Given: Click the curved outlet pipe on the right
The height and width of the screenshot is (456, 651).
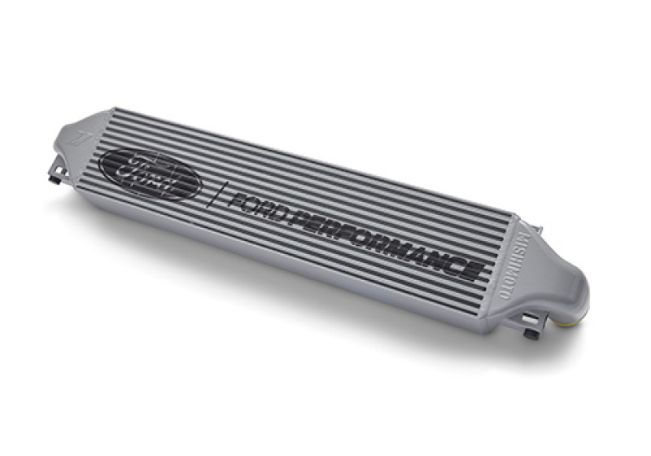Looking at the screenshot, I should point(574,301).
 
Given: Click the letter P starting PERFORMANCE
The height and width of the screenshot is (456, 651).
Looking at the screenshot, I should point(301,218).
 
